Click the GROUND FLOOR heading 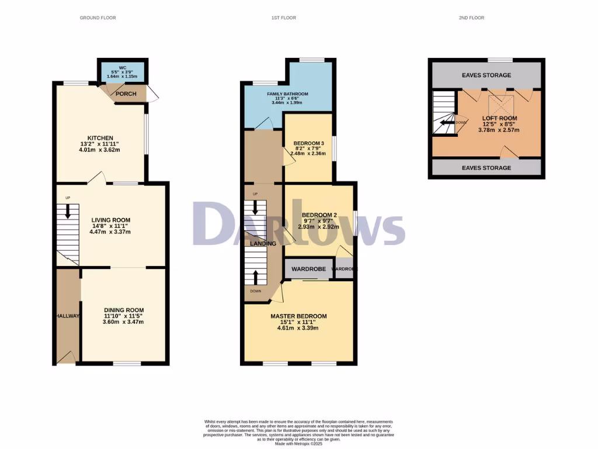pos(98,18)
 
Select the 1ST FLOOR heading pos(283,18)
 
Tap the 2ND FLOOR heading pos(471,18)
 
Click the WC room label pos(123,67)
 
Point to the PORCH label pos(126,94)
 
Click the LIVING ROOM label pos(110,220)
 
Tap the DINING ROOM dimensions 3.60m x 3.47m pos(123,322)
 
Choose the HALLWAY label pos(68,316)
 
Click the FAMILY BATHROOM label pos(287,94)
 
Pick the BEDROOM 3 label pos(308,144)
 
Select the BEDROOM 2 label pos(315,214)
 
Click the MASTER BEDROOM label pos(298,316)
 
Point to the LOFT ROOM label pos(499,119)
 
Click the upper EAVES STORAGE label pos(486,75)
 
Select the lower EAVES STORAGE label pos(486,168)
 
